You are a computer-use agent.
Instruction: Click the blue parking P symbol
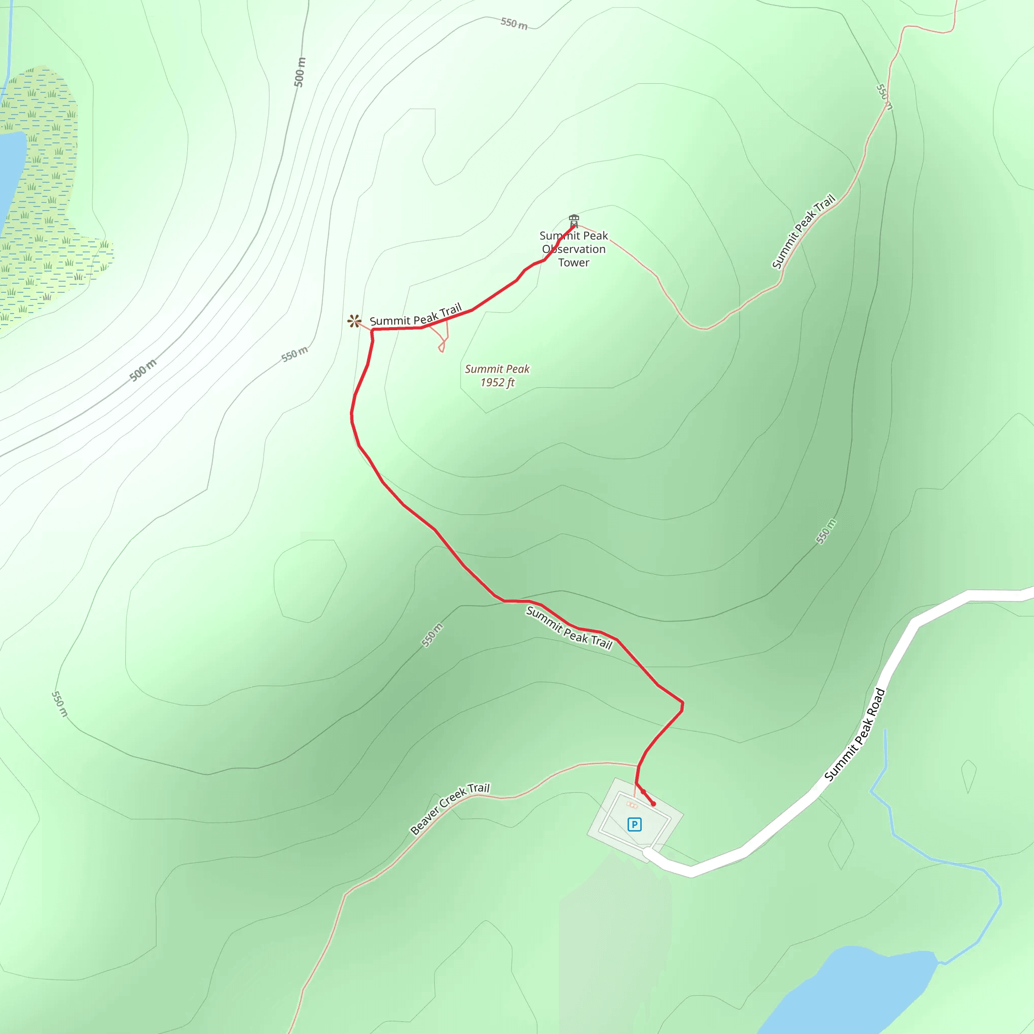click(x=634, y=824)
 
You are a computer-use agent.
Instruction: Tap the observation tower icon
click(x=574, y=220)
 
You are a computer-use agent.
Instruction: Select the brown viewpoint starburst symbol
click(x=354, y=321)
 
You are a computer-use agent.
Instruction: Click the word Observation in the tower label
click(x=574, y=249)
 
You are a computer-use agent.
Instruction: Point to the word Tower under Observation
click(x=574, y=262)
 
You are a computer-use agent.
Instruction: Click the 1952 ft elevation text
click(x=497, y=382)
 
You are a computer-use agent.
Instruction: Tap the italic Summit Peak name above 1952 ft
click(x=497, y=369)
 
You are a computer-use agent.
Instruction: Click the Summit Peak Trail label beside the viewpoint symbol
click(x=416, y=316)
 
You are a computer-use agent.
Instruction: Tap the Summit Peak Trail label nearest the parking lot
click(x=569, y=628)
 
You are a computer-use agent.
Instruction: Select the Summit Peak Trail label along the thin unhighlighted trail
click(x=803, y=231)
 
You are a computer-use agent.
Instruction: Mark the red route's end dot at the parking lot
click(x=653, y=804)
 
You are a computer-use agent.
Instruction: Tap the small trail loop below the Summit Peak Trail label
click(x=443, y=342)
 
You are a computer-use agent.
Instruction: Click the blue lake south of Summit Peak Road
click(x=856, y=990)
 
